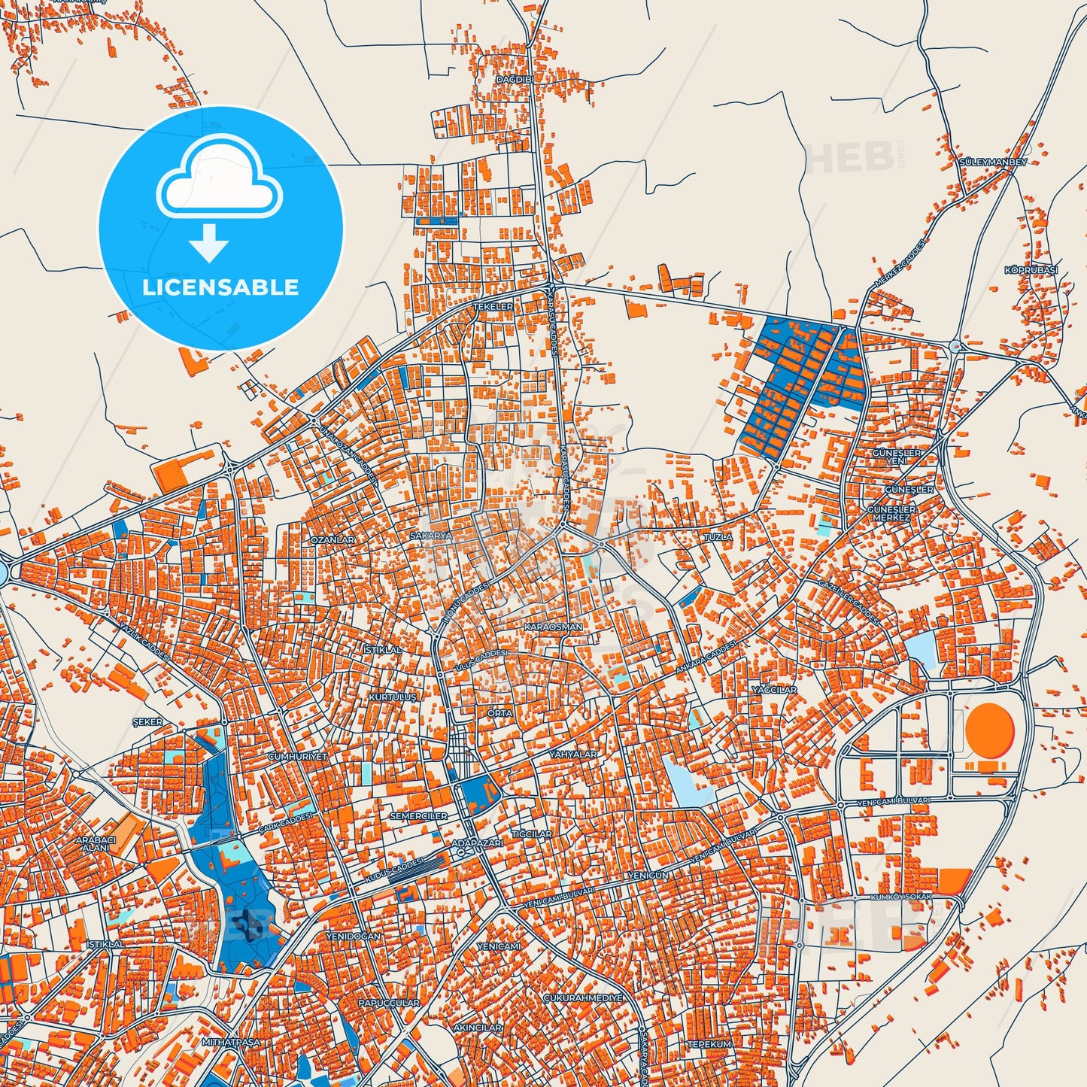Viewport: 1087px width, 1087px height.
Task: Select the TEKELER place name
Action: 493,307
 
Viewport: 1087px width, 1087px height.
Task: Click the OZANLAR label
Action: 332,540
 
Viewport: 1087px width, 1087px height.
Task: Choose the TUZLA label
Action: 717,537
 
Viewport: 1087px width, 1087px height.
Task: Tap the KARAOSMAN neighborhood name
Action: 554,626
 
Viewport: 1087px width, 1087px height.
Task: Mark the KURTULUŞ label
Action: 392,697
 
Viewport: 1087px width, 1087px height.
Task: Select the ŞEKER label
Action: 147,722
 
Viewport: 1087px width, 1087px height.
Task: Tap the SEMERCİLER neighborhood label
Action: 418,816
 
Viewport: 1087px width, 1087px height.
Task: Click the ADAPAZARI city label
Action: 476,844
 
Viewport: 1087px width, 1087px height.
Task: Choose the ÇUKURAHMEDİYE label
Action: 583,997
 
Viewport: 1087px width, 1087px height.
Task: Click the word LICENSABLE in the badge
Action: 220,287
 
